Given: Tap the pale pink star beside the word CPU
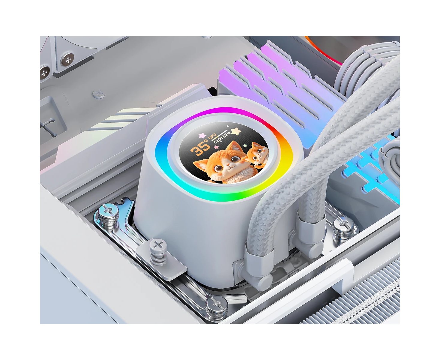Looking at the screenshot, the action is (x=202, y=135).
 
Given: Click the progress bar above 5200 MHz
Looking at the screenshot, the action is (x=220, y=135).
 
